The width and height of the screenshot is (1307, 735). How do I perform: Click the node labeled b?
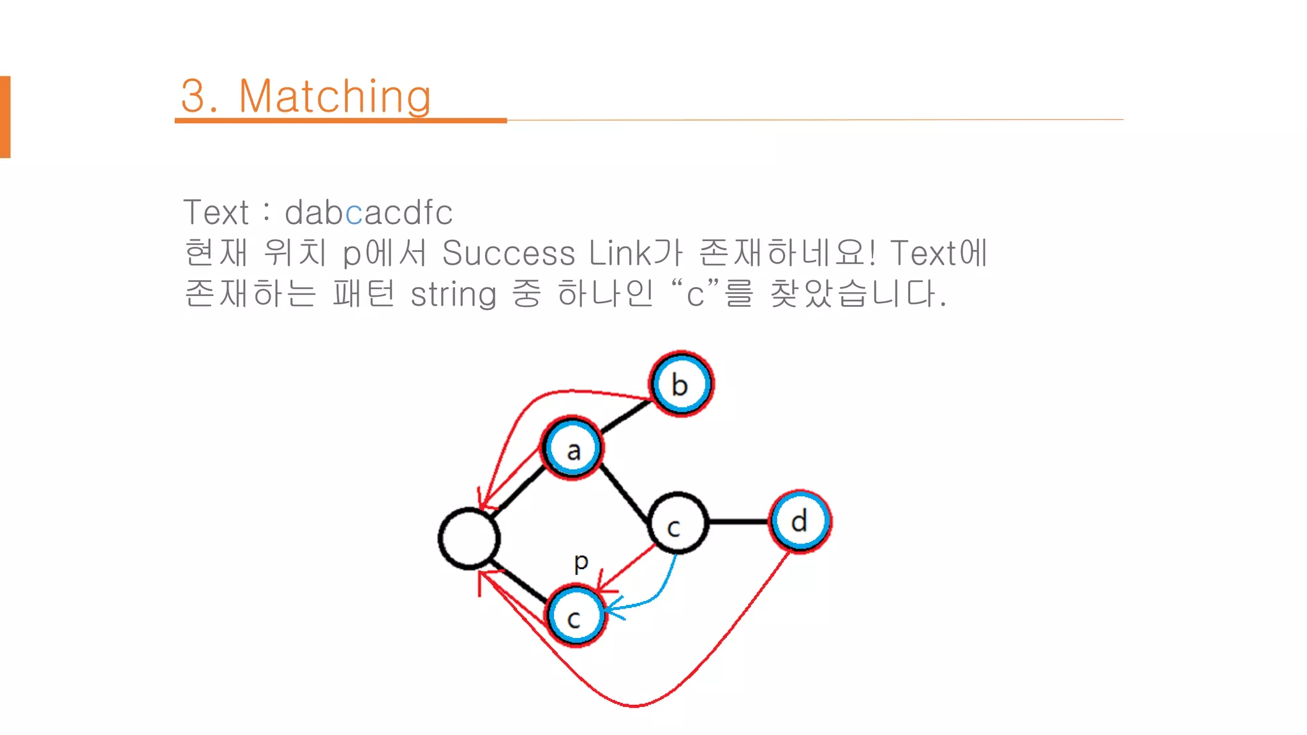[681, 384]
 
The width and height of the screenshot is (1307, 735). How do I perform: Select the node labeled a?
[572, 449]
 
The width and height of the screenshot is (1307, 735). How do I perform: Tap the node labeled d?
[800, 521]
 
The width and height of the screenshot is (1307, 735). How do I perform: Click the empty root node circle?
[469, 538]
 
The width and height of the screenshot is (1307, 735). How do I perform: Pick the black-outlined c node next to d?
[677, 523]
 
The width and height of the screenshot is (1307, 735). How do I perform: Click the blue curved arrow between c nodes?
[661, 590]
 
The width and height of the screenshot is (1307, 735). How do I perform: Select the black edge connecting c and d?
[738, 522]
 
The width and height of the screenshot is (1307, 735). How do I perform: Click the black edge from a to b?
[625, 417]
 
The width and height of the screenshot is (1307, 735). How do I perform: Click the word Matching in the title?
[334, 96]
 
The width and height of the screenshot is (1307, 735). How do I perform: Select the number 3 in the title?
[193, 96]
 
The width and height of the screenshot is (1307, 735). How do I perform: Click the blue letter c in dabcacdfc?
[354, 212]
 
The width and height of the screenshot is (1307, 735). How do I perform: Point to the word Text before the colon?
[216, 212]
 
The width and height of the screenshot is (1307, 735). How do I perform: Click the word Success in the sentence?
[509, 253]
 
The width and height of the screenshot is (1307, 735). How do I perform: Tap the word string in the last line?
[453, 294]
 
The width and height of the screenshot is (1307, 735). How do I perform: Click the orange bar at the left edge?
[5, 117]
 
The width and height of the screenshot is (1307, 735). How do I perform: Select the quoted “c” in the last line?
[695, 293]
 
